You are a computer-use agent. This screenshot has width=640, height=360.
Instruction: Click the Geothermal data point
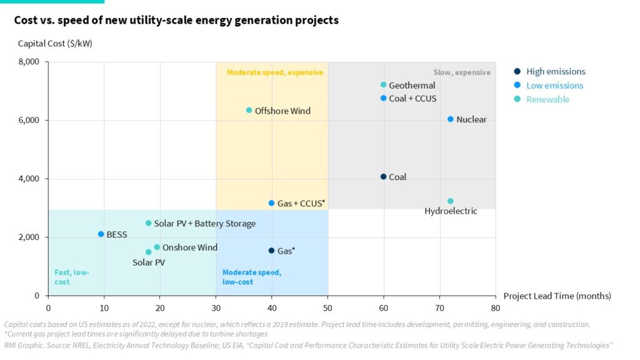[x=384, y=85]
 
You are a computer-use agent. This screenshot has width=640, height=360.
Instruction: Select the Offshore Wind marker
[x=249, y=110]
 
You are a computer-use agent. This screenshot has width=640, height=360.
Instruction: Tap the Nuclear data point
[x=451, y=119]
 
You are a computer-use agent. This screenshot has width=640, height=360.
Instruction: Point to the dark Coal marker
[x=384, y=176]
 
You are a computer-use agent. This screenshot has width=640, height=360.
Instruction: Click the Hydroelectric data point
[x=451, y=201]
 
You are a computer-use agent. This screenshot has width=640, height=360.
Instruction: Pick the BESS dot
[x=101, y=234]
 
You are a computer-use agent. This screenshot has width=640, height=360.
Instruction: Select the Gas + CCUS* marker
[x=271, y=203]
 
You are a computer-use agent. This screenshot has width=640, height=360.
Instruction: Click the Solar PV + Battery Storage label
[x=204, y=223]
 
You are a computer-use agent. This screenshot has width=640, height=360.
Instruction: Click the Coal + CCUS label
[x=412, y=99]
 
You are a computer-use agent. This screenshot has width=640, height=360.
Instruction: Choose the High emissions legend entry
[x=556, y=71]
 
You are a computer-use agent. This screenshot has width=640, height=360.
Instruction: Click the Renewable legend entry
[x=547, y=99]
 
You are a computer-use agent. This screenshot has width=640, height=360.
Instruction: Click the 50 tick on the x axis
[x=327, y=307]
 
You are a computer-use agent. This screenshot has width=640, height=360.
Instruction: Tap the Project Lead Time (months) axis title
[x=557, y=296]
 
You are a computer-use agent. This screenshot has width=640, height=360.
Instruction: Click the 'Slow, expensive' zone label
[x=461, y=72]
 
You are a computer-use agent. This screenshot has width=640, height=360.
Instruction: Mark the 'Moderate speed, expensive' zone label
[x=275, y=72]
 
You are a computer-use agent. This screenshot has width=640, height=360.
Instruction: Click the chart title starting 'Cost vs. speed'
[x=176, y=20]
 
